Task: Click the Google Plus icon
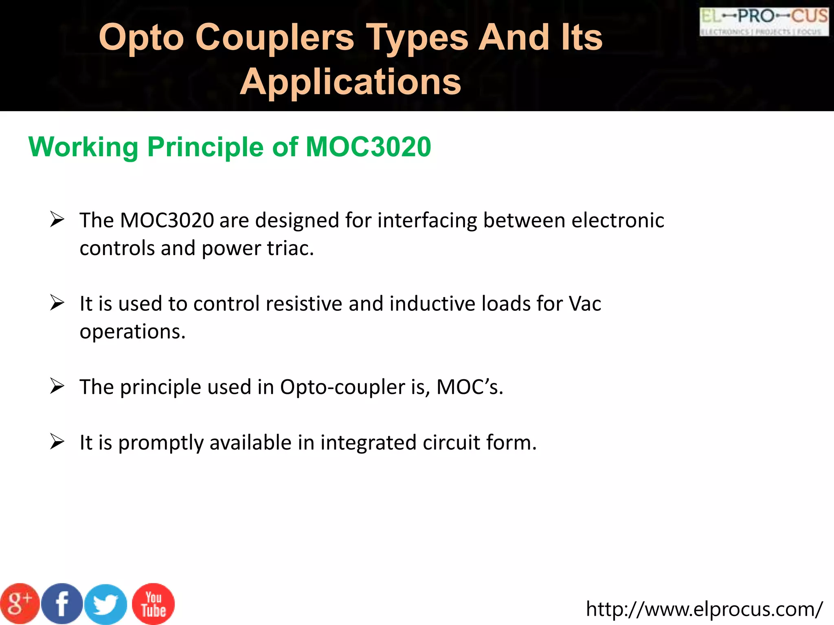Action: point(20,604)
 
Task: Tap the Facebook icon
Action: point(62,604)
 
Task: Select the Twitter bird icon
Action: point(106,605)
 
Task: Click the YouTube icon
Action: point(154,604)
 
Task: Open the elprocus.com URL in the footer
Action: point(704,609)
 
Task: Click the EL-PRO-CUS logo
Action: point(764,22)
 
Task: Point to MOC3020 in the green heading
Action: point(368,147)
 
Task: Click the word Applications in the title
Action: point(350,82)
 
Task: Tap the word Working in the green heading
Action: point(84,147)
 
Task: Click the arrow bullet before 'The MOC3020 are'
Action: point(57,220)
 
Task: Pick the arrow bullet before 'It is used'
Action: point(57,303)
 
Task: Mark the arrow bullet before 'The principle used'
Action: point(57,386)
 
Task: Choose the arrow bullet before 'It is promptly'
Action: point(57,442)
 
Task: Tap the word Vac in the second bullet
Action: point(585,304)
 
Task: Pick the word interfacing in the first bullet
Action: point(427,221)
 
